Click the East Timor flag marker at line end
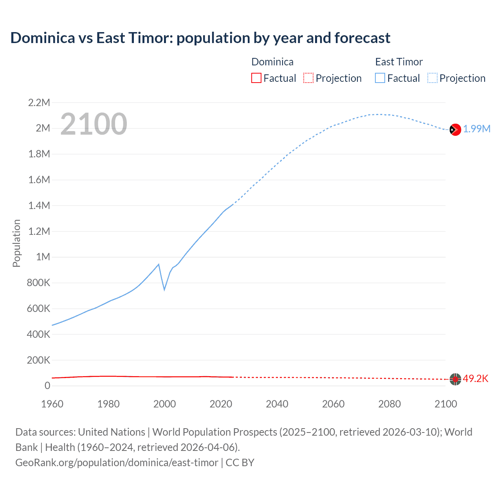tap(455, 130)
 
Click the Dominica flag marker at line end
tap(455, 379)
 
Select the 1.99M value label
tap(477, 129)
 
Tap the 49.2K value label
tap(476, 378)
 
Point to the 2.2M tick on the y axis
tap(39, 103)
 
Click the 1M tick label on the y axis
tap(43, 257)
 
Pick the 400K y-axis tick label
tap(38, 334)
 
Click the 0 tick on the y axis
tap(47, 386)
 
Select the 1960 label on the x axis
tap(52, 404)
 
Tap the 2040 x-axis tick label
tap(277, 404)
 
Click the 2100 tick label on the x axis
tap(445, 404)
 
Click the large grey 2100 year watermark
tap(94, 124)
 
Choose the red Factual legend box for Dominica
tap(256, 78)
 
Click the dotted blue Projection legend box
tap(432, 78)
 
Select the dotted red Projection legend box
tap(308, 78)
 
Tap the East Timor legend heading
tap(399, 62)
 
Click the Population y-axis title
tap(16, 243)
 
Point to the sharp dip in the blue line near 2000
tap(164, 289)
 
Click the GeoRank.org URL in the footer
tap(117, 462)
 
